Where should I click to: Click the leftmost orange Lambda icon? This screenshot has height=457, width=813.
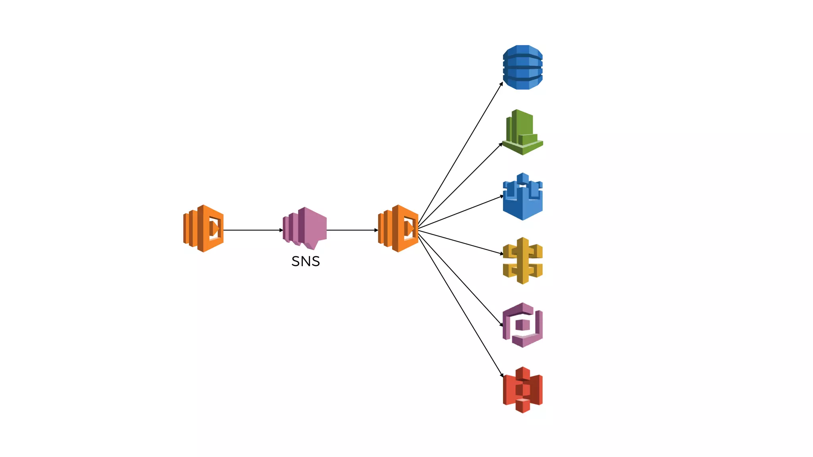point(203,228)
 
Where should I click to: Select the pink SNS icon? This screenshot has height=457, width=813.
point(305,228)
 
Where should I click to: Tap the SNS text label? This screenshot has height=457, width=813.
point(306,261)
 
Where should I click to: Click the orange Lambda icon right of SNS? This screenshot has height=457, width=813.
point(398,228)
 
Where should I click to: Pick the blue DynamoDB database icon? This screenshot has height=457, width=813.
point(522,67)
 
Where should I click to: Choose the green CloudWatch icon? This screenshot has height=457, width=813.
point(522,132)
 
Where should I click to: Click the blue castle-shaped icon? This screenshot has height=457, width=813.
point(522,197)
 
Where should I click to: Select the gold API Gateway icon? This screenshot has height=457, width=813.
point(522,261)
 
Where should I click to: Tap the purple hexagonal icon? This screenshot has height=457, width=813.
point(522,325)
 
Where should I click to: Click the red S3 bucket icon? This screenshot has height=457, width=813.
point(522,390)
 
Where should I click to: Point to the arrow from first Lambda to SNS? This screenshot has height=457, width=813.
point(252,230)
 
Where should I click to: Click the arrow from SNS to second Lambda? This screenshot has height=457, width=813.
point(352,230)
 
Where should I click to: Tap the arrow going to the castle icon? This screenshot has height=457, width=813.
point(460,213)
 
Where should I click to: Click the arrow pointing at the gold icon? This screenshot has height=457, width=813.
point(460,242)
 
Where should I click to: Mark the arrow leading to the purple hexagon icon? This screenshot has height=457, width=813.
point(460,278)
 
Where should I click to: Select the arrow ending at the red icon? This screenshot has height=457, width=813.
point(460,305)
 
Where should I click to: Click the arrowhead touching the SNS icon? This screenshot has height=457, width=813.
point(281,230)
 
